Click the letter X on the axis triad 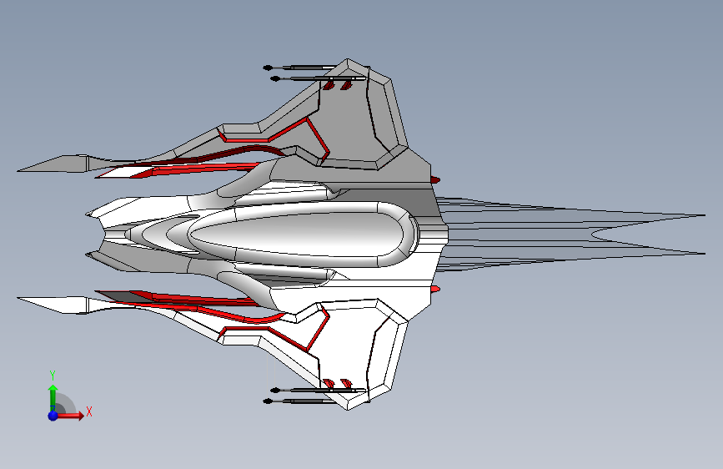point(88,411)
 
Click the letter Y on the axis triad point(52,375)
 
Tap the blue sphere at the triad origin point(53,415)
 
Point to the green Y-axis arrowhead point(53,389)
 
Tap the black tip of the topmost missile point(268,67)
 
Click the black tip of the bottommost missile point(268,401)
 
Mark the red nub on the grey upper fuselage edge point(435,179)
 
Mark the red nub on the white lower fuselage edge point(435,289)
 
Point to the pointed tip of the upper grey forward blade point(18,170)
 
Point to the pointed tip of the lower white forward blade point(18,297)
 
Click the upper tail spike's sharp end point(705,216)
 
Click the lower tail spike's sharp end point(705,253)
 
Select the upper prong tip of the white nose point(87,214)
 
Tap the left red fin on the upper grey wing point(329,86)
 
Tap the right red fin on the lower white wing point(342,384)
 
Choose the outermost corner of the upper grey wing point(349,60)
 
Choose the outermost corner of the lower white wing point(349,409)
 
